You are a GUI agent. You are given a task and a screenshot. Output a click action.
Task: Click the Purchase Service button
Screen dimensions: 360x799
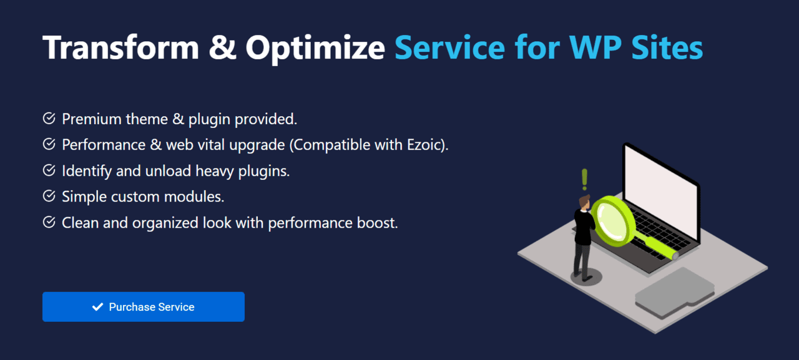click(x=143, y=307)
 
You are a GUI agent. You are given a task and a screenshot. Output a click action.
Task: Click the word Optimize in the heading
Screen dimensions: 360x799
click(x=315, y=47)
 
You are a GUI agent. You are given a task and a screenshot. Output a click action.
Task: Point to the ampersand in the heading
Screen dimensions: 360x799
click(x=223, y=47)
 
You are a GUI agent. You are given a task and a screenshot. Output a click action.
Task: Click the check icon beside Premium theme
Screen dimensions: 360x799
click(x=49, y=119)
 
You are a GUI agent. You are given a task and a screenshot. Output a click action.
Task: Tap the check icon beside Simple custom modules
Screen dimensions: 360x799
click(x=49, y=197)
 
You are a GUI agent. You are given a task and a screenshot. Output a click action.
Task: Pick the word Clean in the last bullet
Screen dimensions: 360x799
click(x=79, y=223)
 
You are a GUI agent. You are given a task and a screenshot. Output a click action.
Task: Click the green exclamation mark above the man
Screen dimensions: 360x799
click(x=584, y=179)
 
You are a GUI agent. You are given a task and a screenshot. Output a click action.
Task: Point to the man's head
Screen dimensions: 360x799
click(x=584, y=202)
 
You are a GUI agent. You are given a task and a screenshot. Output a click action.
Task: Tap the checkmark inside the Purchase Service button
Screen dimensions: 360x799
click(x=97, y=307)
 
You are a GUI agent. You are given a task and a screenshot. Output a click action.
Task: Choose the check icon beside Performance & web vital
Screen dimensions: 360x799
click(x=49, y=145)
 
